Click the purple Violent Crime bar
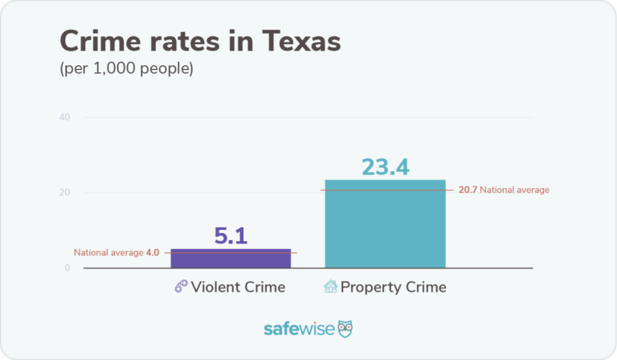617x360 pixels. pos(230,259)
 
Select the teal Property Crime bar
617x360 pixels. pos(385,225)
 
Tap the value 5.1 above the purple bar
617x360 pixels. pos(231,235)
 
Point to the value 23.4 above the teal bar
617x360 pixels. pos(385,166)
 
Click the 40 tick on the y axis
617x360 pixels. pos(65,117)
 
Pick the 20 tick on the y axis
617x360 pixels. pos(65,193)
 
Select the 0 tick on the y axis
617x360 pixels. pos(67,268)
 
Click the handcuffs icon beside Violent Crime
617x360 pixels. pos(182,287)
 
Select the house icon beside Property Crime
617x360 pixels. pos(330,287)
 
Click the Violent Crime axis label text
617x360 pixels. pos(239,287)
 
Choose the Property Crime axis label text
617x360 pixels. pos(393,287)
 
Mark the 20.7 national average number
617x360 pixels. pos(468,190)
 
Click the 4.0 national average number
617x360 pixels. pos(153,252)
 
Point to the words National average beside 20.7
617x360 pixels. pos(515,190)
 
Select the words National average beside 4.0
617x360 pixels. pos(108,252)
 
